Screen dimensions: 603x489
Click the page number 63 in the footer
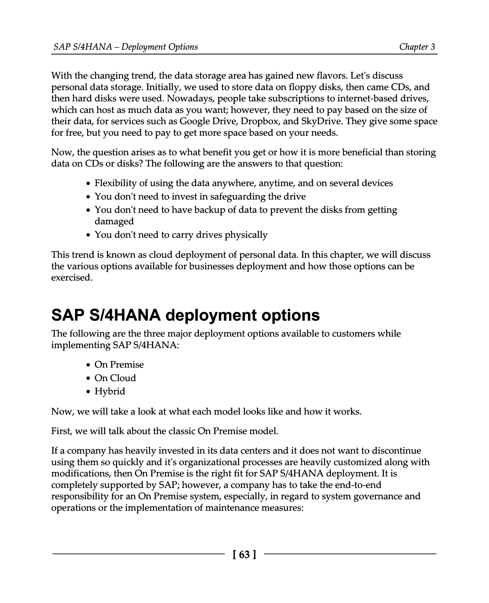point(244,554)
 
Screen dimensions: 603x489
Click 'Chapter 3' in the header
point(417,47)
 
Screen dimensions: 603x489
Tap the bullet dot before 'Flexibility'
point(88,184)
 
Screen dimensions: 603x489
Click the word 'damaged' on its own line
point(114,221)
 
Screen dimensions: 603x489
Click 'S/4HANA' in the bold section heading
point(125,315)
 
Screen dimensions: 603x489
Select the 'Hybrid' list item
point(110,391)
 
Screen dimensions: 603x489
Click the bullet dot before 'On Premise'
point(88,365)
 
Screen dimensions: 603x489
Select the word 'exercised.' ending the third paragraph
point(72,277)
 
